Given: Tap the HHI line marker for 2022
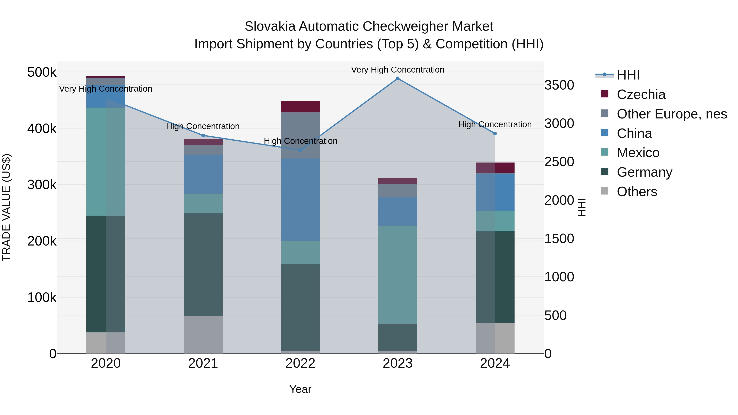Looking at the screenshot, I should tap(300, 150).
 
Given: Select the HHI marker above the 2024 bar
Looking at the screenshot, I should tap(495, 133).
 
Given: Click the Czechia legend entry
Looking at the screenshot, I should tap(641, 94).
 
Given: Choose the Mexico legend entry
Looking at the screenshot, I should tap(638, 153).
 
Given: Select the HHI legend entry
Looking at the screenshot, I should tap(628, 75).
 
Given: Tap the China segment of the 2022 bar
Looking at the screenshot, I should tap(300, 199).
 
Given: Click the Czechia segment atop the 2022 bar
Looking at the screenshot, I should tap(300, 107).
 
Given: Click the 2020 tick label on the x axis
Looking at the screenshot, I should tap(106, 363).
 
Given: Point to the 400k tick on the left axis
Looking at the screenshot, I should tap(42, 128).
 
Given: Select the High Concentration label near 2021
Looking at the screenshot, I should tap(203, 126).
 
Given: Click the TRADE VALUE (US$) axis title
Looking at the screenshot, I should tap(6, 207).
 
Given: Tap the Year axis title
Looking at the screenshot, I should tap(300, 389).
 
